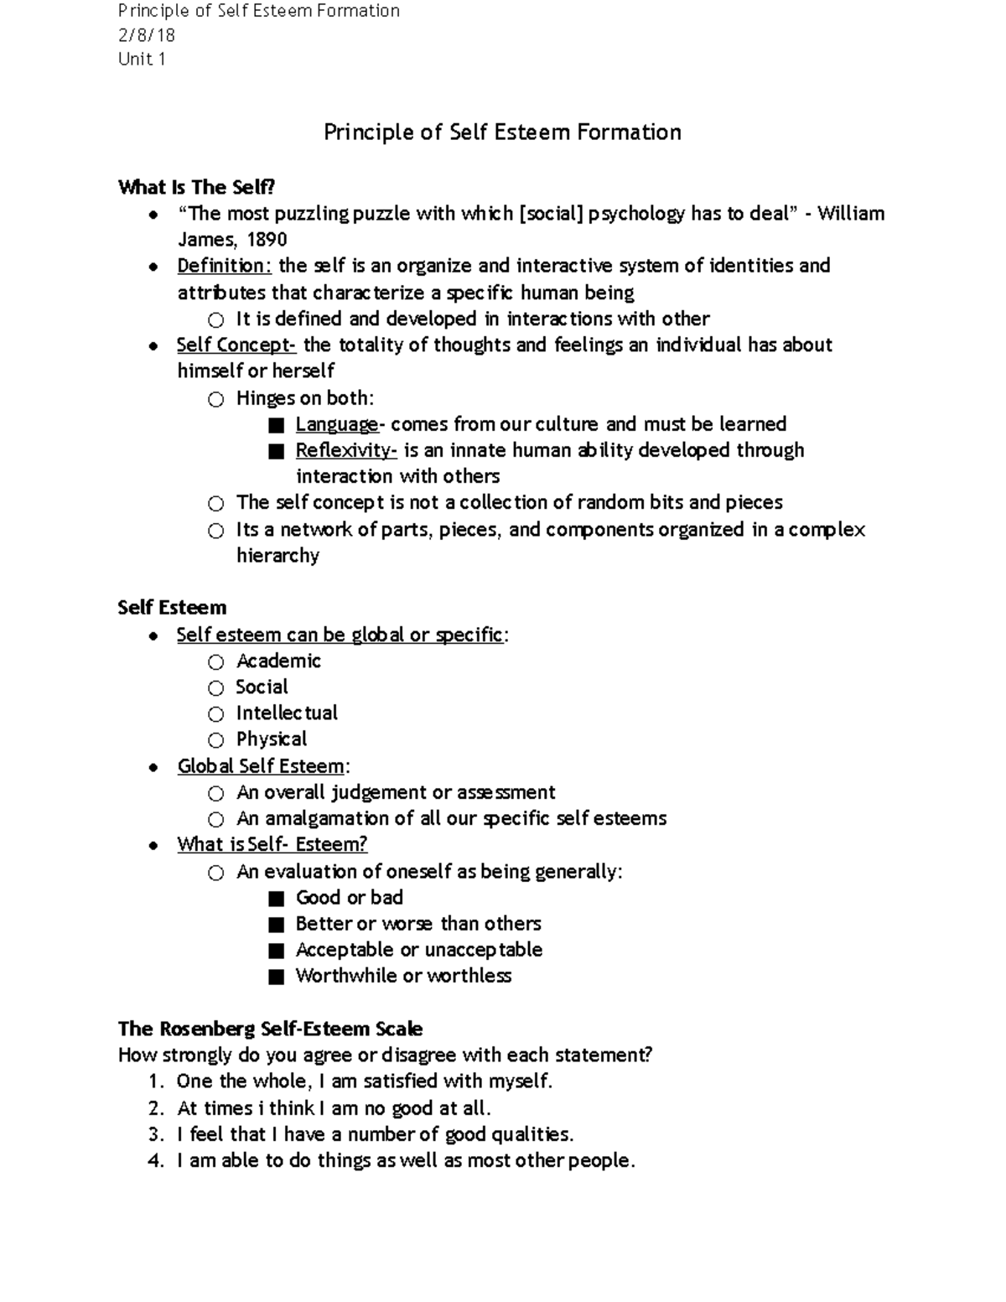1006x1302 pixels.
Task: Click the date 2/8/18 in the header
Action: point(147,35)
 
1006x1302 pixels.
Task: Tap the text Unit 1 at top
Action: point(142,59)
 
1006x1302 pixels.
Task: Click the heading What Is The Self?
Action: point(196,187)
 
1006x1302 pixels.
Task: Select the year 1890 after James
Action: point(267,240)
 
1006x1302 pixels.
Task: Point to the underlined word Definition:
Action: point(224,266)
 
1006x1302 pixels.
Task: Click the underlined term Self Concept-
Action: point(236,345)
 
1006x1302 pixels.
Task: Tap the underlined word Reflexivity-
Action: point(346,450)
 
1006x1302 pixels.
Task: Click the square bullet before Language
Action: point(277,425)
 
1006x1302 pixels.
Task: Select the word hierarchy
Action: point(277,556)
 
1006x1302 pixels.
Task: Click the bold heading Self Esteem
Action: point(172,608)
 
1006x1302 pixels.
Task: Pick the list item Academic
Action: point(278,661)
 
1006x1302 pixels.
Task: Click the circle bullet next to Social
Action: point(216,688)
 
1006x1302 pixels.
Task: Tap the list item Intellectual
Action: point(287,713)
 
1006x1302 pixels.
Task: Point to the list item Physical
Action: point(272,739)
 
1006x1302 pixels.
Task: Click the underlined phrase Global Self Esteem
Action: point(261,766)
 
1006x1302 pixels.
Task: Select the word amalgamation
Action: point(328,818)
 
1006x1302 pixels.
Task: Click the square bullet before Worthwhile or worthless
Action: point(277,977)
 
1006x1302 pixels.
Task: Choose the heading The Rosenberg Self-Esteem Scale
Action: point(270,1029)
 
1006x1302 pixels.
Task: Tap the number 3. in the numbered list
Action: point(155,1135)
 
